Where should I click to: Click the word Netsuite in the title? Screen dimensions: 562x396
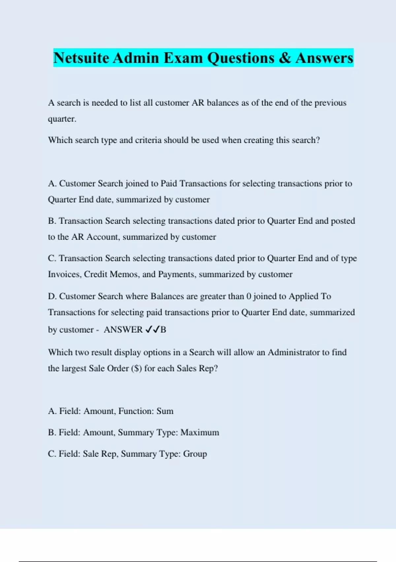pos(81,58)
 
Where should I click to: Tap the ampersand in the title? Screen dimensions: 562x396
pos(284,58)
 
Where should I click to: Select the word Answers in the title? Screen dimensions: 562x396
pos(324,58)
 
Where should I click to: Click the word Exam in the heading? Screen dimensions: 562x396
pos(183,58)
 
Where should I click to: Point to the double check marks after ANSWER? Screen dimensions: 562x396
pos(152,329)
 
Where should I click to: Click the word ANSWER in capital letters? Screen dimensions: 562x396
pos(123,330)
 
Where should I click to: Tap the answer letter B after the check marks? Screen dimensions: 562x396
pos(163,330)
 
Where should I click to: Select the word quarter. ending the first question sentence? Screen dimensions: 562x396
pos(62,119)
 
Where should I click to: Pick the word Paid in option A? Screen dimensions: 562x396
pos(169,183)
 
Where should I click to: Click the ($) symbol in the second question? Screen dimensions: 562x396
pos(136,368)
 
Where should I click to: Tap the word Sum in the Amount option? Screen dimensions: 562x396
pos(165,411)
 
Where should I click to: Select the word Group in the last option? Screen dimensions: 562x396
pos(195,454)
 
